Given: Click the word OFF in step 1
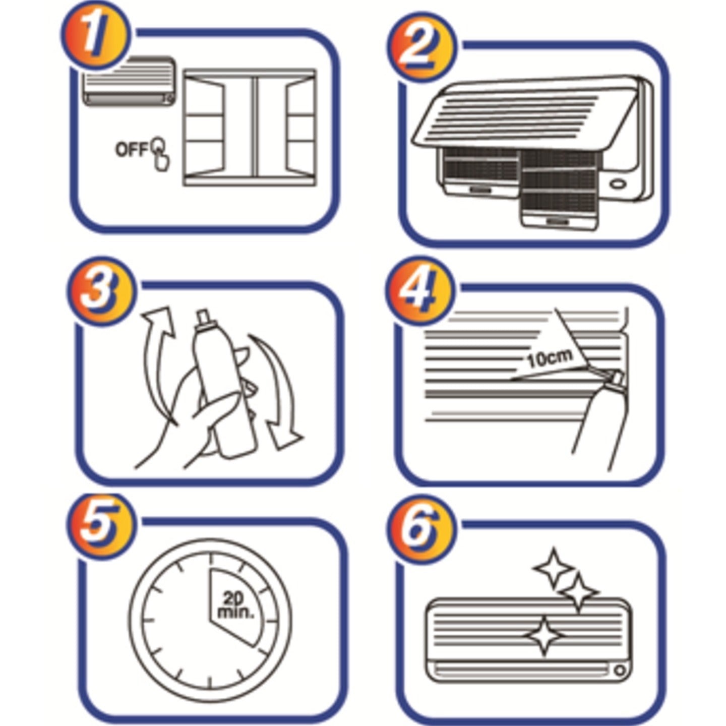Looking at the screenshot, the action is [132, 150].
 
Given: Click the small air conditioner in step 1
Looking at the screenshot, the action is [129, 82].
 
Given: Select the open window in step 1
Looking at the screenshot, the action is [250, 128].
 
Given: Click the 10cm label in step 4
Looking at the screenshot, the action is [551, 358].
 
